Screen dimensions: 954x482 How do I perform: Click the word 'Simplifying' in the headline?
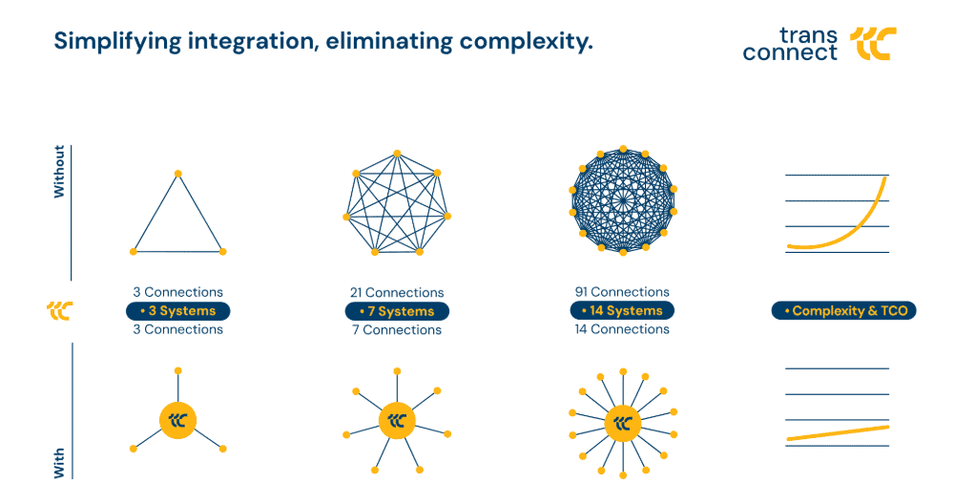(x=117, y=42)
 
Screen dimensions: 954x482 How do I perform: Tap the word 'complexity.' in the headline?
(x=527, y=42)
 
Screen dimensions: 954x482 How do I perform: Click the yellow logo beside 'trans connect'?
(x=873, y=44)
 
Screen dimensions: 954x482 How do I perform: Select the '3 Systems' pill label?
(x=177, y=311)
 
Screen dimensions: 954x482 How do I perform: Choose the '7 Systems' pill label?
(x=397, y=311)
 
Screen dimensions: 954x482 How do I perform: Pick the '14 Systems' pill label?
(x=622, y=310)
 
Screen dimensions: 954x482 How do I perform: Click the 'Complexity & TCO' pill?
(x=844, y=311)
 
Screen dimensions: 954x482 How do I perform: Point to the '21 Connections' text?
(x=397, y=293)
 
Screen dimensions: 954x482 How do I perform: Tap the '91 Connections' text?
(x=622, y=292)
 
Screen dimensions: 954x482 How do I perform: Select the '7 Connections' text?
(x=397, y=330)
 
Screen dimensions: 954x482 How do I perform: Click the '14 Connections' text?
(x=622, y=329)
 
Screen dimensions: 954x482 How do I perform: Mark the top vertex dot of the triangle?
(x=178, y=174)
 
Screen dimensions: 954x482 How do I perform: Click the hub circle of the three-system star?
(x=177, y=420)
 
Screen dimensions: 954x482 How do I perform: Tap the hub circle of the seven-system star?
(x=397, y=420)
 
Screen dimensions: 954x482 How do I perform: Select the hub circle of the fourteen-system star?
(x=622, y=423)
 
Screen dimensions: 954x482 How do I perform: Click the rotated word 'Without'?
(x=59, y=172)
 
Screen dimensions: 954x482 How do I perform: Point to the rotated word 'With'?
(x=59, y=464)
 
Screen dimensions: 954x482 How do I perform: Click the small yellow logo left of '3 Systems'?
(x=59, y=310)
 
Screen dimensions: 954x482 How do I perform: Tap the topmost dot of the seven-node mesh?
(x=397, y=154)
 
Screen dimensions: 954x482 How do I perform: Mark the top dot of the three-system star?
(x=177, y=370)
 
